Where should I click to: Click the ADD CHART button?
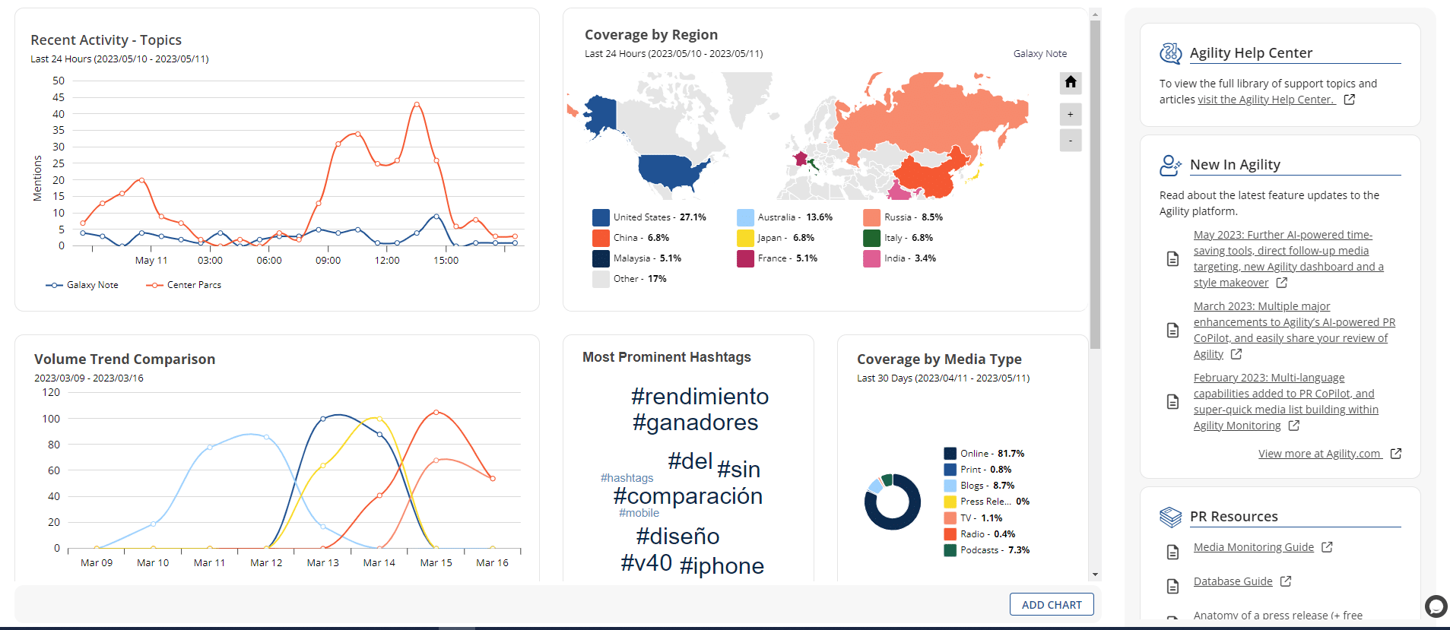[1051, 605]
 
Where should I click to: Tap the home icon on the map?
[1071, 82]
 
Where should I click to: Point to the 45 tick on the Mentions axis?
[59, 97]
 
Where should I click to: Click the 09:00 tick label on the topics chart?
[328, 261]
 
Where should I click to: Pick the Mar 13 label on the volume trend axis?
[322, 563]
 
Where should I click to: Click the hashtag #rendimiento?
[700, 397]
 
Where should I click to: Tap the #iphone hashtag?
[722, 566]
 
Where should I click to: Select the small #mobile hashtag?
[639, 514]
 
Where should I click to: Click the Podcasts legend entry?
[986, 550]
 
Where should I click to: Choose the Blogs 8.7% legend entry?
[986, 486]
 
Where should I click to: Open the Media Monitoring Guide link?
[1253, 547]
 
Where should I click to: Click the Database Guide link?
[1233, 581]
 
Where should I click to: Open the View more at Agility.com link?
[1319, 454]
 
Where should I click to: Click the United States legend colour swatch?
[601, 217]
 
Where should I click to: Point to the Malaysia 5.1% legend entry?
[646, 258]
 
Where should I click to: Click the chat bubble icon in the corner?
[1436, 606]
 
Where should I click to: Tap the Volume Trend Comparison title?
[125, 359]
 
